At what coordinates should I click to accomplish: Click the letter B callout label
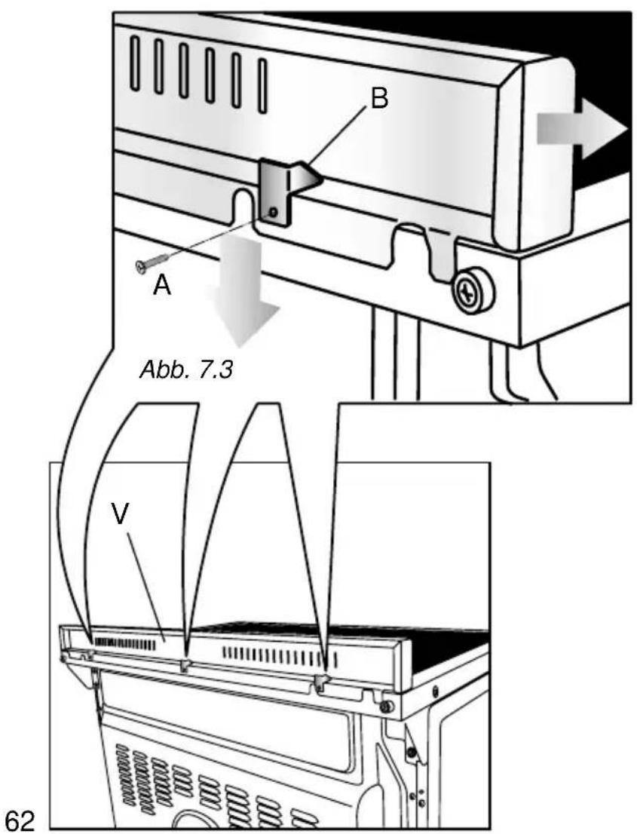pyautogui.click(x=379, y=99)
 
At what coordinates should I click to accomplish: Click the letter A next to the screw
pyautogui.click(x=162, y=286)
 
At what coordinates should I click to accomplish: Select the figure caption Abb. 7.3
pyautogui.click(x=186, y=369)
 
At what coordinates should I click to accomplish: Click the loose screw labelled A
pyautogui.click(x=153, y=262)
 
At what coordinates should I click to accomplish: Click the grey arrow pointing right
pyautogui.click(x=580, y=129)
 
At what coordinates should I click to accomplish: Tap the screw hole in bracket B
pyautogui.click(x=274, y=213)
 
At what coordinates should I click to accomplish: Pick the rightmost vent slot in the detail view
pyautogui.click(x=262, y=85)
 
